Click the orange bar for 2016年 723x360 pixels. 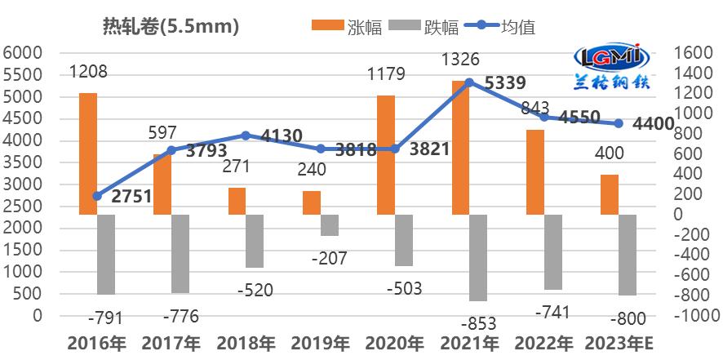(87, 153)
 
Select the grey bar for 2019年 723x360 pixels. (329, 225)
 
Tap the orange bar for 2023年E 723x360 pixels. (609, 194)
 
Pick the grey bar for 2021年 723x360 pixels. (478, 258)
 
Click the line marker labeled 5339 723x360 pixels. (468, 82)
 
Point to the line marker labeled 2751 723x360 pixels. (97, 196)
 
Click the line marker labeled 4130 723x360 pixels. (246, 136)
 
